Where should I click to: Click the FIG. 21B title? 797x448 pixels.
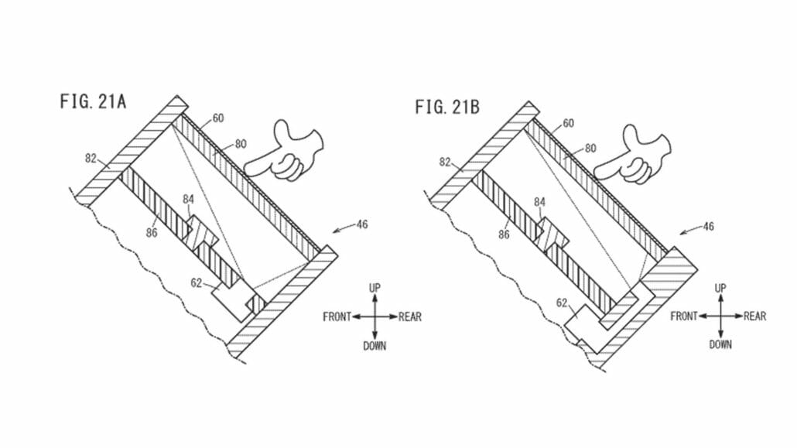point(446,107)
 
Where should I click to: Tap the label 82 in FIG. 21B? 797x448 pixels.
point(445,163)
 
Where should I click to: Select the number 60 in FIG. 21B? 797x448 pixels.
point(568,124)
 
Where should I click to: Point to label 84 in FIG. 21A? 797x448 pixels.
point(189,201)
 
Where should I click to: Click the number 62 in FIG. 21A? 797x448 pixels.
point(197,283)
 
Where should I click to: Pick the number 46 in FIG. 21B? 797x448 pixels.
point(708,227)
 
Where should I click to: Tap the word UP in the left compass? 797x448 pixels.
point(375,288)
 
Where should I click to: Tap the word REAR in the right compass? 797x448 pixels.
point(755,316)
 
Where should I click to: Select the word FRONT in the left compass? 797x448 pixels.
point(337,316)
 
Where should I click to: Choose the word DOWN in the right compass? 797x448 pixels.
point(720,344)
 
